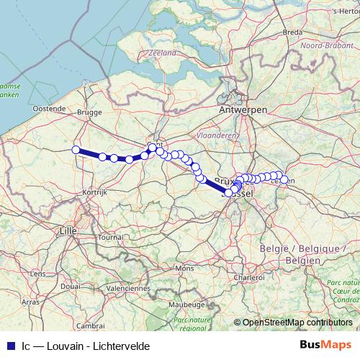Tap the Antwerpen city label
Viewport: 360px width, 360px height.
click(x=243, y=109)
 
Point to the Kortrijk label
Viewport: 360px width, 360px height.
click(x=94, y=193)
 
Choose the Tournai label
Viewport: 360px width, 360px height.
click(x=111, y=236)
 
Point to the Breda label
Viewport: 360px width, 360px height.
click(x=292, y=32)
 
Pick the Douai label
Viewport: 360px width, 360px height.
click(x=70, y=285)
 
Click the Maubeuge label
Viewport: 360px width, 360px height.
click(x=184, y=305)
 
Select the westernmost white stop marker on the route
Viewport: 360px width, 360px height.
click(x=76, y=150)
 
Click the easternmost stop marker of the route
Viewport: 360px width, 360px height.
click(x=284, y=180)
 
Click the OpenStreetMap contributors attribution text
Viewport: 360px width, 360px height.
click(x=297, y=323)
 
